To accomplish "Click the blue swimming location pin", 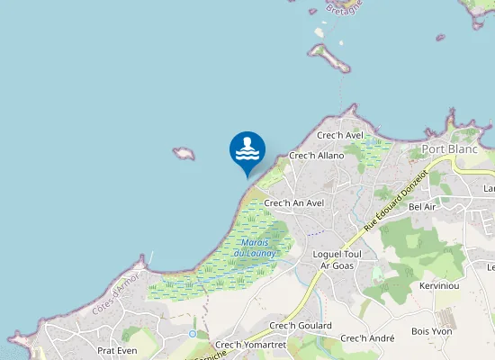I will pos(247,150).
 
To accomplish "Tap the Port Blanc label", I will pos(450,148).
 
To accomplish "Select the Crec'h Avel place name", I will pos(340,136).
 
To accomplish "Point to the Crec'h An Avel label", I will pos(293,203).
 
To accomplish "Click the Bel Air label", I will pos(421,206).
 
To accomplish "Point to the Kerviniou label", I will pos(439,285).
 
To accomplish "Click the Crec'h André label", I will pos(367,338).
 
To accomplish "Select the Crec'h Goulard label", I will pos(301,325).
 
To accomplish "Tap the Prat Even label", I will pos(116,350).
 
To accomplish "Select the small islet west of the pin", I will pos(184,153).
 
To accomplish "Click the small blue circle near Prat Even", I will pos(192,334).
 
